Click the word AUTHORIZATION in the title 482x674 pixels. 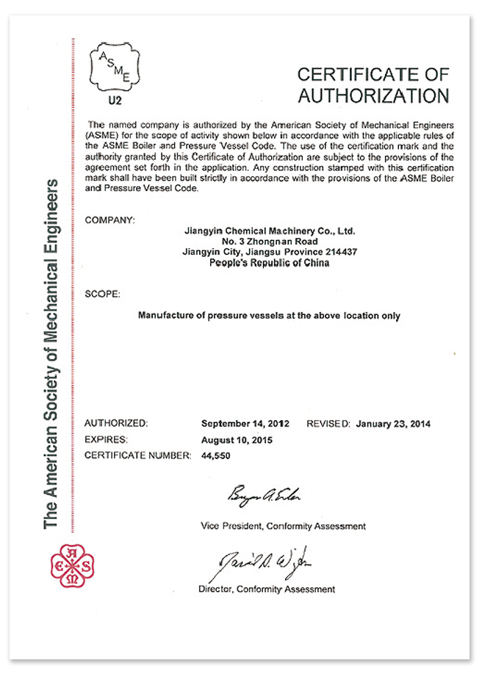[373, 95]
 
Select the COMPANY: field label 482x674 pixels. [110, 220]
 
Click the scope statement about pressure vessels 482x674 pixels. [269, 316]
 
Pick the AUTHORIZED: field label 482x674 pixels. [117, 424]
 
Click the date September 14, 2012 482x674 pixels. [245, 424]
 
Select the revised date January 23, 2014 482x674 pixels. [393, 424]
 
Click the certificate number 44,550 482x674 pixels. [217, 455]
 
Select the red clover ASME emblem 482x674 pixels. [71, 564]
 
